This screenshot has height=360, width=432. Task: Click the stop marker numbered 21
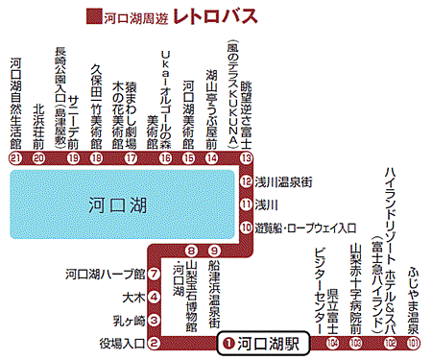click(14, 157)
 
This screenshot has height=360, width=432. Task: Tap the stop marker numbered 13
click(247, 157)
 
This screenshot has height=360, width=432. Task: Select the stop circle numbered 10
click(247, 227)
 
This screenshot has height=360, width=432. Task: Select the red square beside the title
click(93, 16)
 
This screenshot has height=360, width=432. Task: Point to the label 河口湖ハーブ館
click(106, 274)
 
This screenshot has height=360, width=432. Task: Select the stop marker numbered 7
click(154, 274)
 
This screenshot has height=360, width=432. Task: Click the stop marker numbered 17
click(131, 157)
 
